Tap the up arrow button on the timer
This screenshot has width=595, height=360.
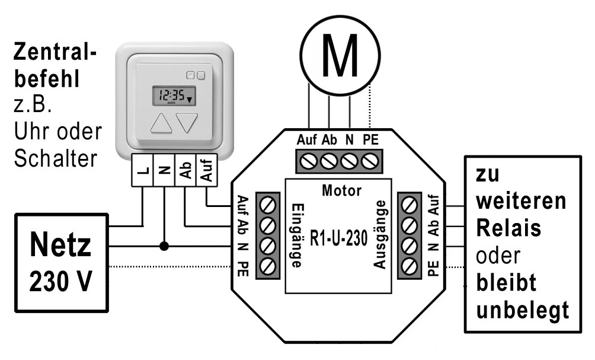pos(160,123)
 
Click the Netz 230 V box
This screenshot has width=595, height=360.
pos(62,262)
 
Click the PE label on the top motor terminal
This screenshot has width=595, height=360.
pos(370,141)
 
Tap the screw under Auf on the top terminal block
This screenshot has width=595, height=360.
pos(308,160)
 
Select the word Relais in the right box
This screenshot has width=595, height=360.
pos(509,228)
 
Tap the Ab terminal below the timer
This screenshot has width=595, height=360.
pos(185,171)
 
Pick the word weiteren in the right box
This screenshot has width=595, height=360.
pos(522,202)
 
